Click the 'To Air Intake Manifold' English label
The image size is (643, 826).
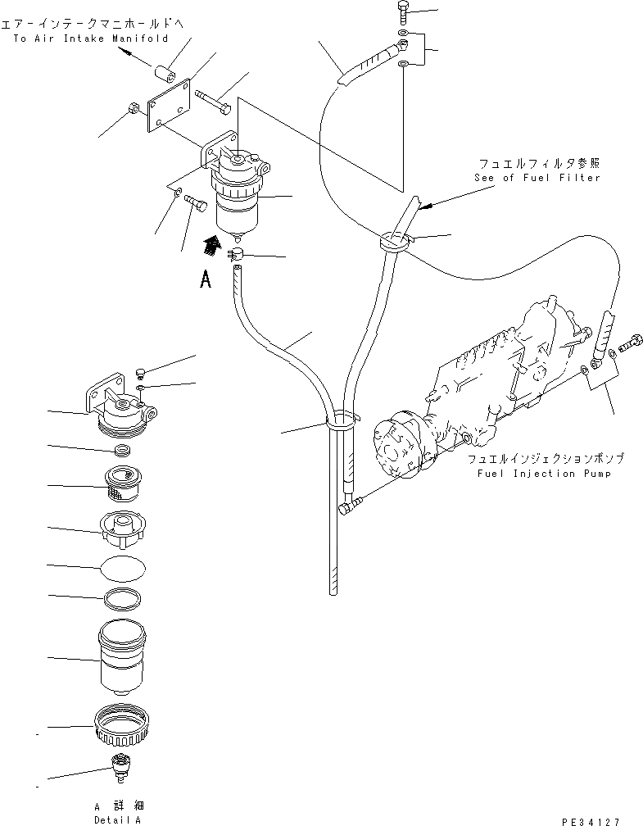click(91, 39)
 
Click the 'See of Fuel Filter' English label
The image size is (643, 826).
click(537, 178)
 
